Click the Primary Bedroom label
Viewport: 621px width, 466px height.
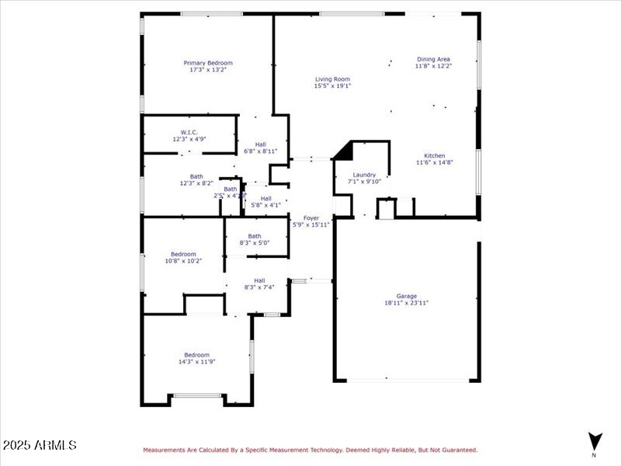click(x=207, y=63)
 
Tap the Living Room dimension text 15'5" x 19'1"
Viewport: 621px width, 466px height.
click(x=332, y=86)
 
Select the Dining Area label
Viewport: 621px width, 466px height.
click(x=433, y=59)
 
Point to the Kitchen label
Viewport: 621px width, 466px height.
click(x=435, y=155)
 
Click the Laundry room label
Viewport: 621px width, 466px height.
click(x=364, y=175)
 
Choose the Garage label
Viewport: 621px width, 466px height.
click(x=407, y=296)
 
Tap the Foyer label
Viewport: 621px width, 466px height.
click(x=310, y=218)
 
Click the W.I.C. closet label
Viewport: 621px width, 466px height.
click(x=189, y=132)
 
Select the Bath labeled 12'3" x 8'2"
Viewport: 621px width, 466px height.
click(x=196, y=176)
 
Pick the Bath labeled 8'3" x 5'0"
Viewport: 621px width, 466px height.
click(x=255, y=236)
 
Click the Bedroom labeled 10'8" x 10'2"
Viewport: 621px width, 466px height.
click(x=183, y=254)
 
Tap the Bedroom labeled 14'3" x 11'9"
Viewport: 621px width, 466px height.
click(x=196, y=355)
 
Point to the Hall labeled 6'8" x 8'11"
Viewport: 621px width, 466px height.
click(x=261, y=144)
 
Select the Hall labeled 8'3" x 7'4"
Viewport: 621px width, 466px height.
click(x=259, y=280)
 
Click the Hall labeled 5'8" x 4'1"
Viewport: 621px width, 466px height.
click(x=266, y=198)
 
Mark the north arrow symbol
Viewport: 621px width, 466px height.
click(x=594, y=440)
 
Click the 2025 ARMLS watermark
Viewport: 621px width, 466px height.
click(x=40, y=445)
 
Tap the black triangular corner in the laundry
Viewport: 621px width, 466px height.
click(x=344, y=150)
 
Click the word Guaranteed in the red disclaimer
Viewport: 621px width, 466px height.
click(x=457, y=450)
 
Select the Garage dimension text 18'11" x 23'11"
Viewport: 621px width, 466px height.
click(x=407, y=303)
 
